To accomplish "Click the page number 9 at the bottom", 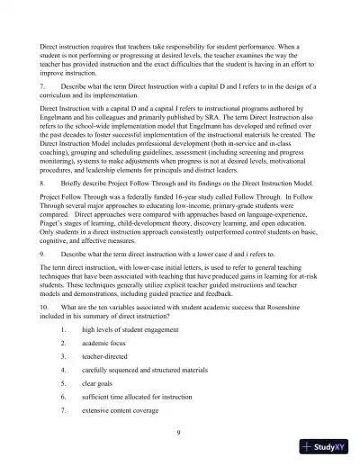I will click(x=180, y=434).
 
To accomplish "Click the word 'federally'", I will click(x=131, y=230).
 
